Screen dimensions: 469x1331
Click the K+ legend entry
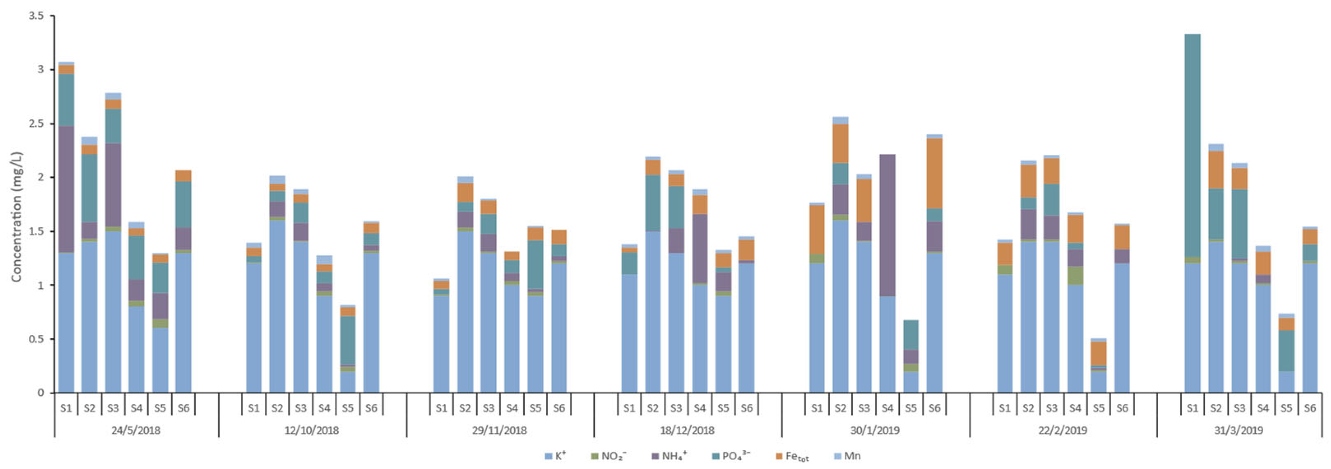click(555, 456)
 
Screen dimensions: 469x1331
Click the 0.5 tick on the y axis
click(36, 339)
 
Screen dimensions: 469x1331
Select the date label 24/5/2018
click(136, 430)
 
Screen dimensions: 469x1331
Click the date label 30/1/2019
click(875, 430)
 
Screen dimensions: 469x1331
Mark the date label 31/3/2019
click(1238, 430)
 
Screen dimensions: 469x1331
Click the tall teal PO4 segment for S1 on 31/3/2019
click(1192, 145)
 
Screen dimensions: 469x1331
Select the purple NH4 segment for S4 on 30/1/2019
click(887, 225)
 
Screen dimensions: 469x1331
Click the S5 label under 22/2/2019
click(1099, 408)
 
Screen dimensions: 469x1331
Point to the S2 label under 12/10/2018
click(277, 408)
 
